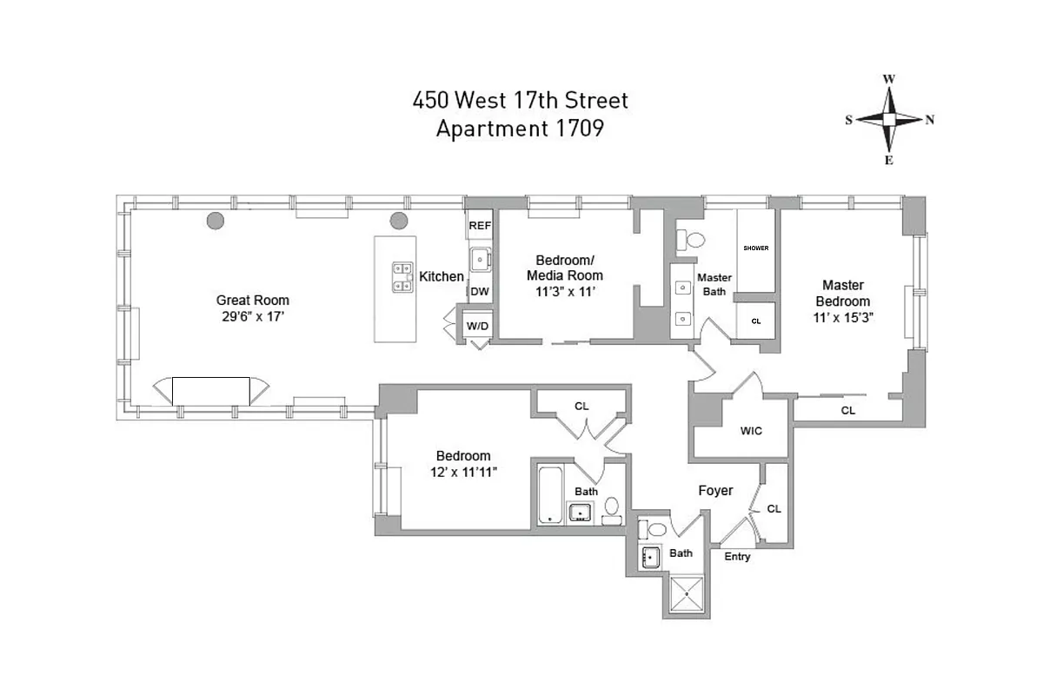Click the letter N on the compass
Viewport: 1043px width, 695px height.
(x=930, y=120)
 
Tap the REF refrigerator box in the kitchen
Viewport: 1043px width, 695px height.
(x=480, y=225)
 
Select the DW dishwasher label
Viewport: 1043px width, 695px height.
(x=480, y=292)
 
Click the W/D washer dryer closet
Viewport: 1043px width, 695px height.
(x=477, y=326)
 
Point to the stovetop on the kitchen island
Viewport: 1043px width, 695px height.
(x=402, y=276)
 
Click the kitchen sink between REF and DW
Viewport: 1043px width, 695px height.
(x=481, y=258)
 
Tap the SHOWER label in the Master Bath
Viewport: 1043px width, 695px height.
(x=755, y=248)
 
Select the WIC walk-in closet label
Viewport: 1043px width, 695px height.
(x=751, y=431)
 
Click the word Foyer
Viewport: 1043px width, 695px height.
(x=715, y=491)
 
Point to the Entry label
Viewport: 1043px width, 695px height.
(x=737, y=557)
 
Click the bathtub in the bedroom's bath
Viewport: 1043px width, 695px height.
(x=549, y=495)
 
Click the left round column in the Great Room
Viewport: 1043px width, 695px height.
(x=215, y=220)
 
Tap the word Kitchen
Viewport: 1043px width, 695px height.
(x=442, y=276)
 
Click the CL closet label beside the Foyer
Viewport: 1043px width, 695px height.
(x=774, y=509)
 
